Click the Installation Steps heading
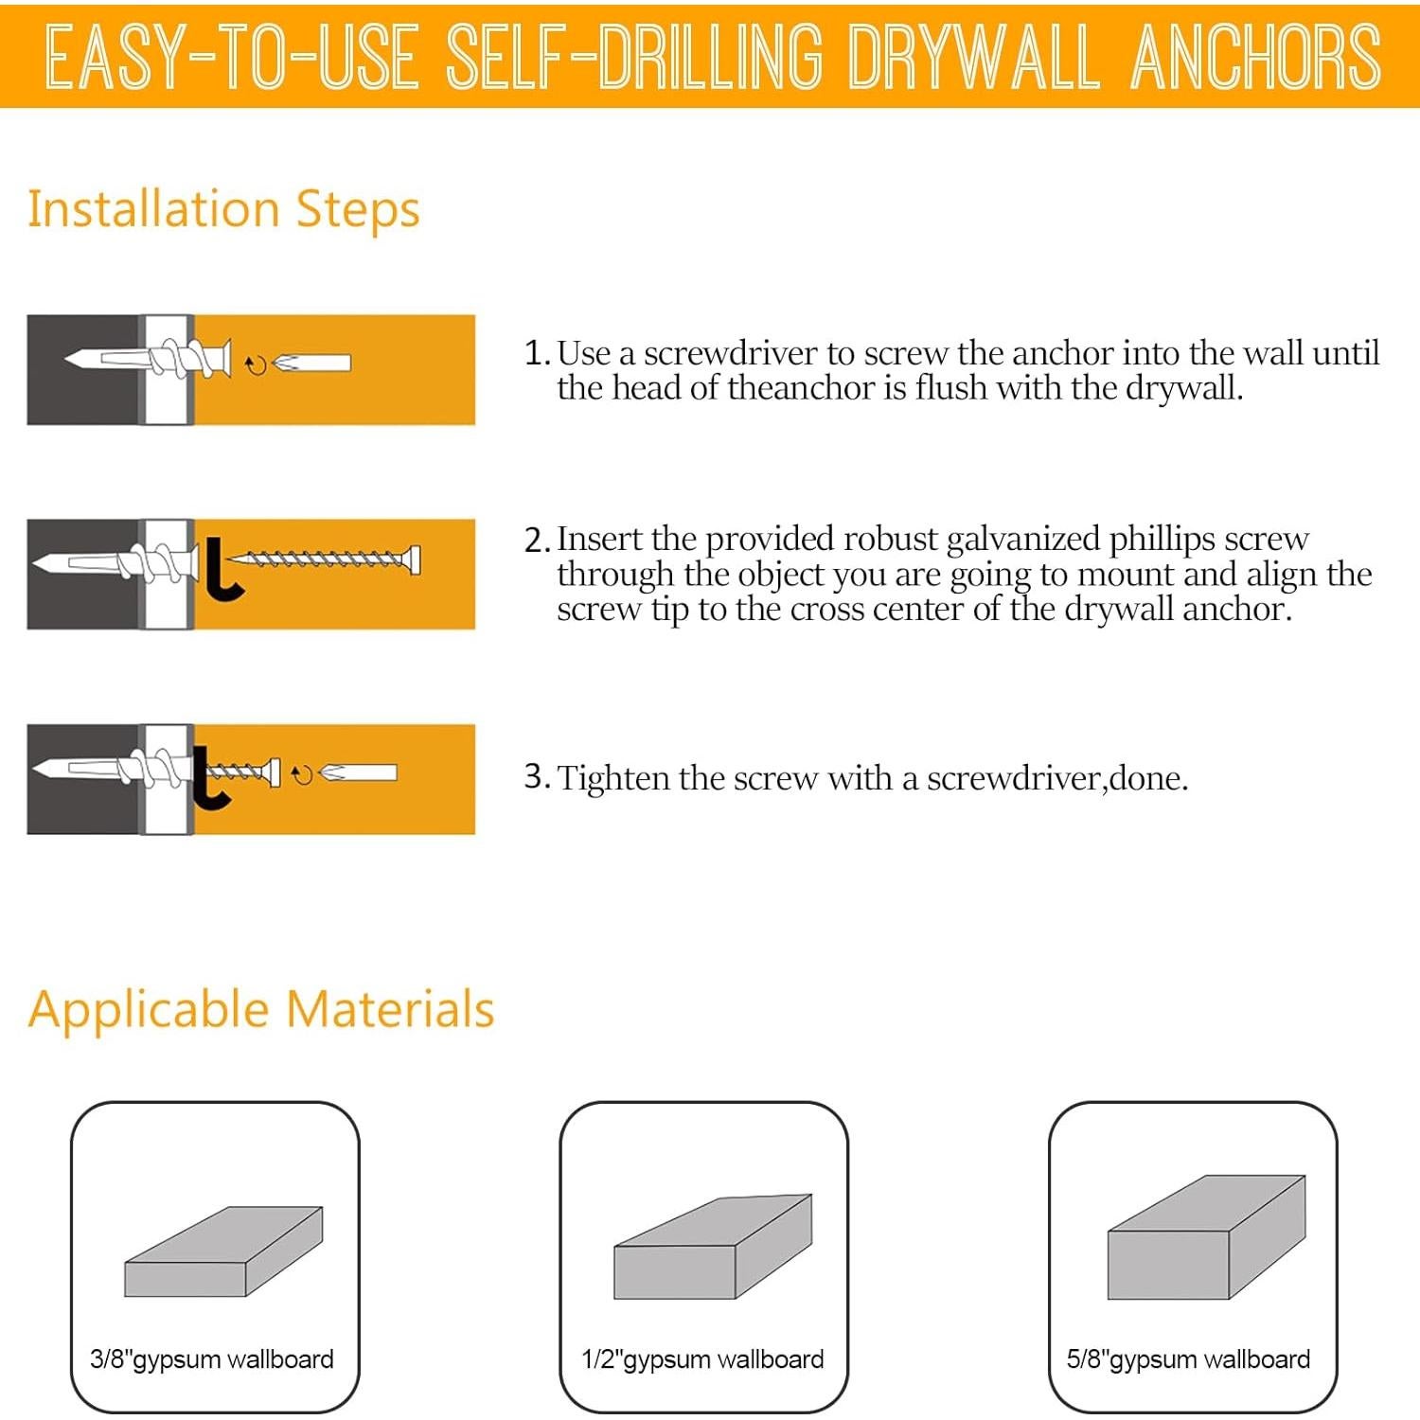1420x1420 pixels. point(223,209)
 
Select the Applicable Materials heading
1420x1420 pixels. point(261,1009)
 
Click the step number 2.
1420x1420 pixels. point(536,541)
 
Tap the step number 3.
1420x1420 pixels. point(536,777)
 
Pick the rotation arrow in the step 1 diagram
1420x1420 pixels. point(256,364)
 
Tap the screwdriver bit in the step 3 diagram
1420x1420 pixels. point(359,773)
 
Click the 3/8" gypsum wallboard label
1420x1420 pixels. point(212,1359)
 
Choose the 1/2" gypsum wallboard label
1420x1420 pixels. point(702,1359)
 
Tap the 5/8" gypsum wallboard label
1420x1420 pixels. point(1188,1359)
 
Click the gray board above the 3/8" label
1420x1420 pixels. point(223,1252)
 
